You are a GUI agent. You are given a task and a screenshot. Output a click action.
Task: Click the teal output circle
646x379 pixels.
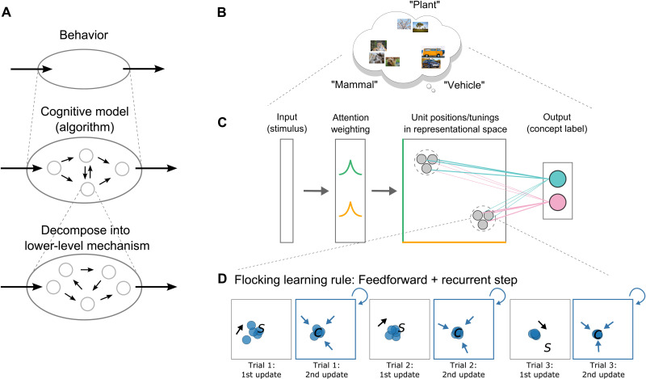(x=556, y=179)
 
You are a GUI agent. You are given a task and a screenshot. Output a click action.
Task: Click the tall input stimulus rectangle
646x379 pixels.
(x=287, y=191)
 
